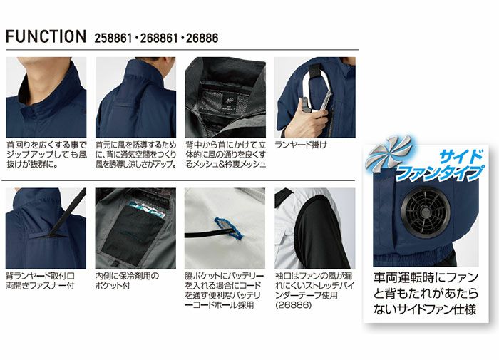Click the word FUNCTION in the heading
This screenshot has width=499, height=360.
coord(46,36)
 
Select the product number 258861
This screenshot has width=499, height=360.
coord(113,38)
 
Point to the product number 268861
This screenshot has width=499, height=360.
coord(158,38)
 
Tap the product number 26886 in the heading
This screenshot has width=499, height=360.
coord(202,38)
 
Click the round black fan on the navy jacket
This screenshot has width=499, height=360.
coord(425,212)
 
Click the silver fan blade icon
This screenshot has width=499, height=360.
coord(389,155)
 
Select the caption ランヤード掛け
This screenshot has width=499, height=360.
coord(301,145)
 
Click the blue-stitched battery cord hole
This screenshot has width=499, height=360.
coord(228,228)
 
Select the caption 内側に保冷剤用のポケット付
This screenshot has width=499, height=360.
coord(127,280)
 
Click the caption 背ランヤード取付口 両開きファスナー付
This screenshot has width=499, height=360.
coord(40,280)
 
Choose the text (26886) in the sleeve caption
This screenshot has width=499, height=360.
coord(294,305)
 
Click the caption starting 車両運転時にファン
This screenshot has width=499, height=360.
coord(426,293)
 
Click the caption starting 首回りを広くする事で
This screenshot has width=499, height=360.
coord(46,155)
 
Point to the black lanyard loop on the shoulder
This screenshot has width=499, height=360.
coord(315,71)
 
